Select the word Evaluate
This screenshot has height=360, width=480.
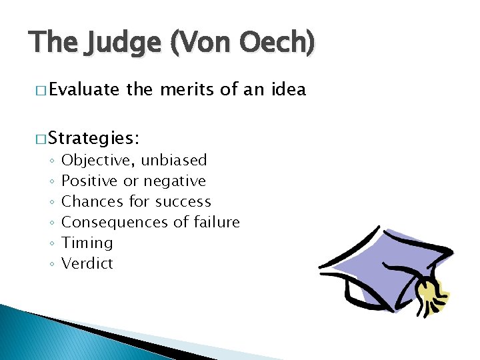point(83,89)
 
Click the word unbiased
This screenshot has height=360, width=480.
point(174,160)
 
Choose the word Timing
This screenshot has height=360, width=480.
point(87,243)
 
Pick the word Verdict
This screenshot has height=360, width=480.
point(87,263)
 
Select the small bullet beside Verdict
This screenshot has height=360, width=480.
point(51,264)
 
